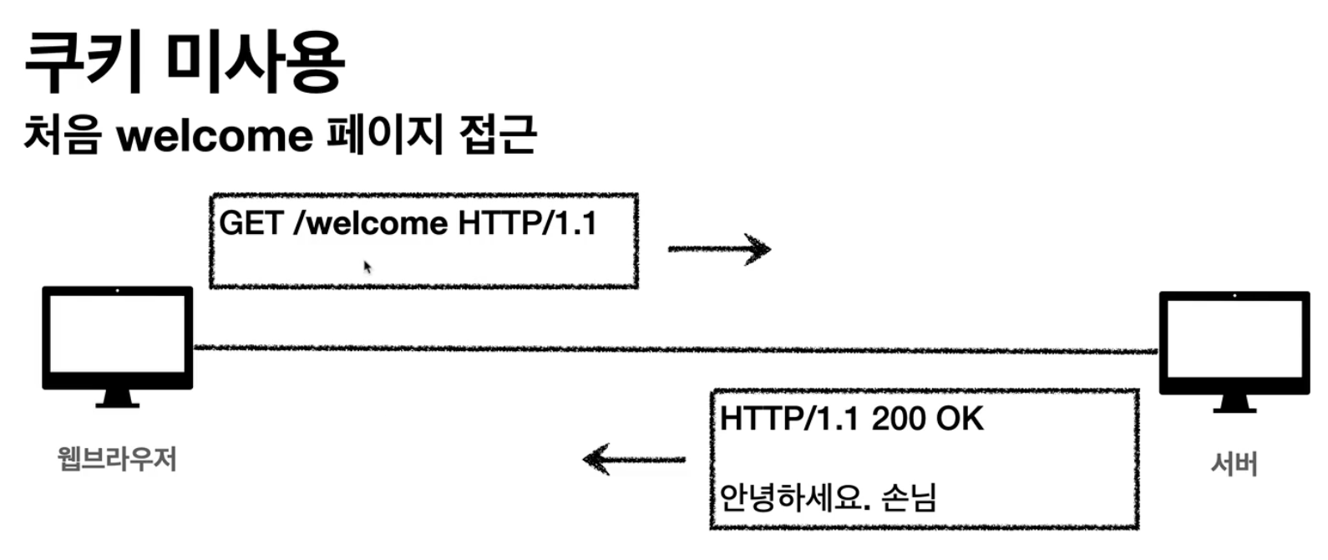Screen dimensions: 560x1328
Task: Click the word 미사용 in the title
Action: click(x=255, y=63)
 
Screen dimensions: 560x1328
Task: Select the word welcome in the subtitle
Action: click(x=215, y=136)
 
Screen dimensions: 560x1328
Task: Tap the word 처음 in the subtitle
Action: click(x=63, y=135)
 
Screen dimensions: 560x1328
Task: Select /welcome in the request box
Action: click(x=371, y=224)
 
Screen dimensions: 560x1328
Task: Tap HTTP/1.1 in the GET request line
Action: click(x=528, y=224)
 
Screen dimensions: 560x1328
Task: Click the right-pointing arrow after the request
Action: click(x=719, y=249)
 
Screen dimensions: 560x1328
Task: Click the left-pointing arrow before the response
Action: click(x=634, y=459)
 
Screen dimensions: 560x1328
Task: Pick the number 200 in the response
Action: click(x=897, y=419)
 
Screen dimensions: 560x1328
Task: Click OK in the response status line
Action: click(x=960, y=419)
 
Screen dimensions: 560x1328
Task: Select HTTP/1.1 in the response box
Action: click(x=789, y=419)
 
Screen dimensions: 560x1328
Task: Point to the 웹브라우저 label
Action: click(x=117, y=459)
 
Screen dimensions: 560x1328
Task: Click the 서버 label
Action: click(x=1234, y=464)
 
